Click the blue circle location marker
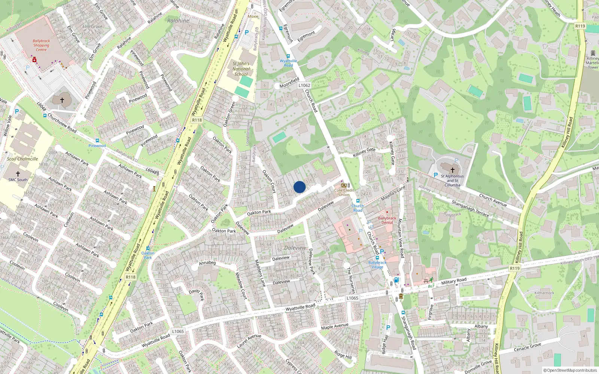click(x=299, y=187)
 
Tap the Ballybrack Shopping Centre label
click(x=41, y=45)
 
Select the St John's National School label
click(x=241, y=69)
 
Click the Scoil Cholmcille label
click(x=22, y=159)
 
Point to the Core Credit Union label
click(x=344, y=192)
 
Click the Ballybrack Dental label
click(x=387, y=220)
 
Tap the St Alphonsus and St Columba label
click(x=452, y=180)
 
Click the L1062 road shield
click(x=304, y=85)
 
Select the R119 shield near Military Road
click(x=515, y=268)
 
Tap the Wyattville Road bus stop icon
click(x=288, y=56)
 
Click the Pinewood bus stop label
click(x=97, y=145)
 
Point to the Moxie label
click(x=253, y=16)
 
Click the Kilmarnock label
click(x=544, y=293)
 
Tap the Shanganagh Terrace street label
click(x=470, y=209)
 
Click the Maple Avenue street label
click(x=335, y=327)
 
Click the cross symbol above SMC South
click(x=18, y=174)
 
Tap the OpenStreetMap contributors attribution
click(x=570, y=370)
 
